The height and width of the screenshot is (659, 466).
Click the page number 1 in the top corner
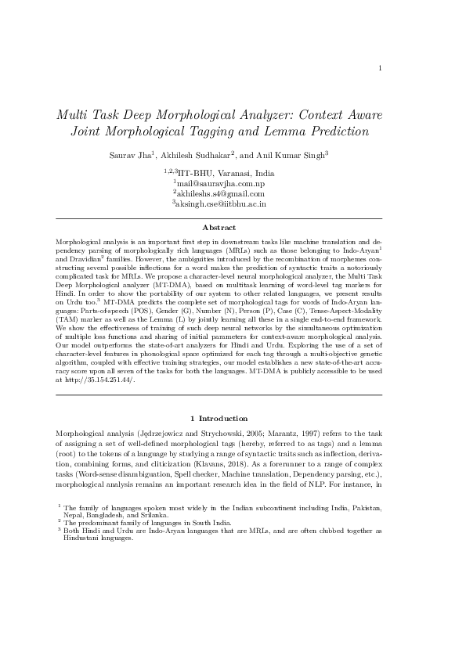[x=380, y=68]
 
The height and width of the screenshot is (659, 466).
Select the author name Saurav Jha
[x=131, y=155]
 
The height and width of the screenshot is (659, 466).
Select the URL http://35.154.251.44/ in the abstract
[x=101, y=380]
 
